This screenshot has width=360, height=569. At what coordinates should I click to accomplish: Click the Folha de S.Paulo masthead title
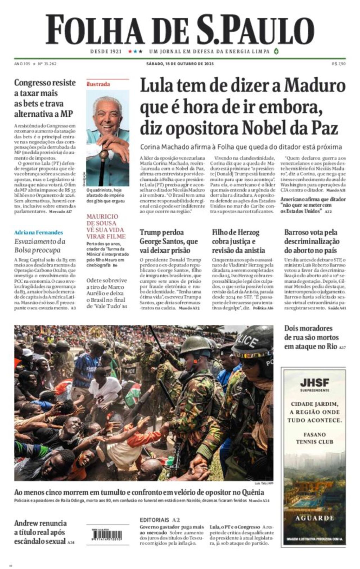pyautogui.click(x=180, y=30)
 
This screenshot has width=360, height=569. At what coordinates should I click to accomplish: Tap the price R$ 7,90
pyautogui.click(x=339, y=64)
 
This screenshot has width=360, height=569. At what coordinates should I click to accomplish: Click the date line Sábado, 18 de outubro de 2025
pyautogui.click(x=180, y=64)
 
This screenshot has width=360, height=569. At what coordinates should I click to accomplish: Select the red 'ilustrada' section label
pyautogui.click(x=98, y=84)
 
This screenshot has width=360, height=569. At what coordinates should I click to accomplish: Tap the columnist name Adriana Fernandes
pyautogui.click(x=38, y=232)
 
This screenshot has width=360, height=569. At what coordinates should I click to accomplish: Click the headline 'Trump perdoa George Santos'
pyautogui.click(x=169, y=241)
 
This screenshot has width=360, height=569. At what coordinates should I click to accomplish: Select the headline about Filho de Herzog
pyautogui.click(x=238, y=241)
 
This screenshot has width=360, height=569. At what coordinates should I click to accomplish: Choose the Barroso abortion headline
pyautogui.click(x=312, y=241)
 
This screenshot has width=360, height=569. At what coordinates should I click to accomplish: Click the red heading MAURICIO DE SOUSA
pyautogui.click(x=102, y=220)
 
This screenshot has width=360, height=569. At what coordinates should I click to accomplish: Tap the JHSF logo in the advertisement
pyautogui.click(x=314, y=382)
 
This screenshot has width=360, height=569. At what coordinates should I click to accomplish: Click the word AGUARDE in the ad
pyautogui.click(x=314, y=518)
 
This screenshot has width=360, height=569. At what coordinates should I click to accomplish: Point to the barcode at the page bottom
pyautogui.click(x=104, y=536)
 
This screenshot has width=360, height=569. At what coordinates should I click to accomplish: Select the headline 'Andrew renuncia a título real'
pyautogui.click(x=41, y=532)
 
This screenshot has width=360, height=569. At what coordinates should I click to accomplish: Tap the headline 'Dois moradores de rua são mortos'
pyautogui.click(x=311, y=337)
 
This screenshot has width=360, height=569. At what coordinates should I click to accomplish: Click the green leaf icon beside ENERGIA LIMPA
pyautogui.click(x=276, y=51)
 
